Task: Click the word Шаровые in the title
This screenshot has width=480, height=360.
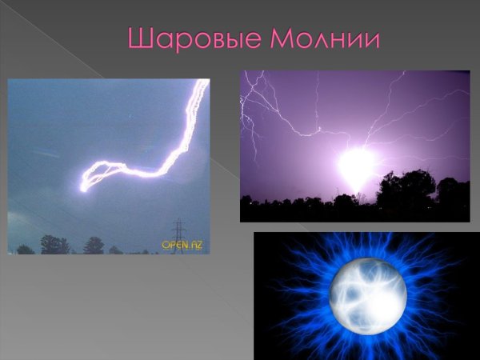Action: coord(183,38)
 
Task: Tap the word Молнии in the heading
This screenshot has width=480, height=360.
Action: coord(320,38)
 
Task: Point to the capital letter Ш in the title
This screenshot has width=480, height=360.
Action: coord(138,38)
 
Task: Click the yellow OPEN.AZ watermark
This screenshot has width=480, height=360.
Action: coord(182,245)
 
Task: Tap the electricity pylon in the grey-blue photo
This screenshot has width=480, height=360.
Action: coord(178,235)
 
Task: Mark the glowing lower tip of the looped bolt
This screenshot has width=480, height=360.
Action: coord(83,188)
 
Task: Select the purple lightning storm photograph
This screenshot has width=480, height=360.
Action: coord(354,145)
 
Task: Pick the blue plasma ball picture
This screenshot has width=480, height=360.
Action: coord(367,295)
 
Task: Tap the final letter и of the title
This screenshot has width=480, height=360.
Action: coord(369,38)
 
